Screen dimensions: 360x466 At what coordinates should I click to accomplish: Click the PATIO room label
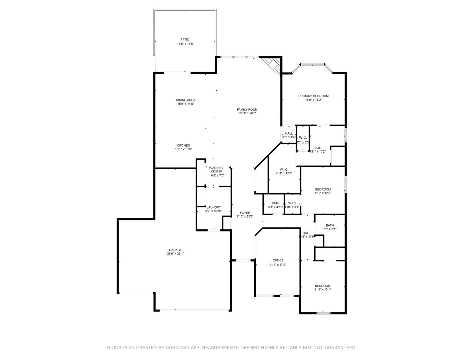coord(185,40)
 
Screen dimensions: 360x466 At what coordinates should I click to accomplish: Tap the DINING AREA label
coord(186,100)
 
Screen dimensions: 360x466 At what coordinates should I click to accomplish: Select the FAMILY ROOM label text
coord(247,110)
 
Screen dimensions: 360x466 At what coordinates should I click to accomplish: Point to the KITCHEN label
coord(183,145)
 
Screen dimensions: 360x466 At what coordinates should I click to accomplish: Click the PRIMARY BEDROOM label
coord(313,96)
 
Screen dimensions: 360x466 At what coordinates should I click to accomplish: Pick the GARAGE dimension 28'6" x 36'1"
coord(175,254)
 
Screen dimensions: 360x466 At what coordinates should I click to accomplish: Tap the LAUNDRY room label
coord(214,207)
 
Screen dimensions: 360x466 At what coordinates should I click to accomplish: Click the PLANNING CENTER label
coord(216,170)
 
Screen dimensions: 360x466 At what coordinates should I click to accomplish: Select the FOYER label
coord(245,213)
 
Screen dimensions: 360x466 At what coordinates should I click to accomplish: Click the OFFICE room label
coord(278,261)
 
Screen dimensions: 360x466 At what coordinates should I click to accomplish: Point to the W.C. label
coord(303,137)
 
